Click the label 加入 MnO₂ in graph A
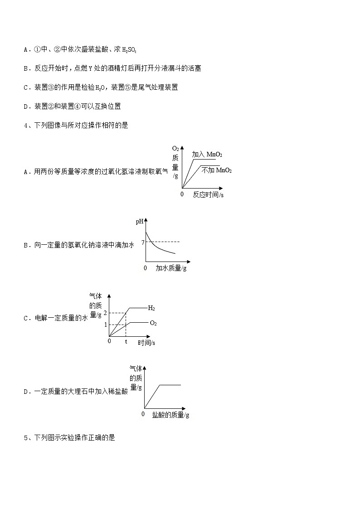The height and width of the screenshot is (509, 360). [207, 155]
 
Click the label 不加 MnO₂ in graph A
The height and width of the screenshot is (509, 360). [217, 170]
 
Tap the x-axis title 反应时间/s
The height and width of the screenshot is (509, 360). [208, 195]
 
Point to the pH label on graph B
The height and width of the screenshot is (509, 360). [139, 222]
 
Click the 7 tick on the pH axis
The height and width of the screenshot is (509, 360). [143, 243]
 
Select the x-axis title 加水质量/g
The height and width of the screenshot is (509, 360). [171, 268]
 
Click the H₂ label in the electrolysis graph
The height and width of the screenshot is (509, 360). [151, 308]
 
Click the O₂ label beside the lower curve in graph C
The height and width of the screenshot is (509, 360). [153, 323]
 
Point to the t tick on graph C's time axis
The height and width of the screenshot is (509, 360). [126, 341]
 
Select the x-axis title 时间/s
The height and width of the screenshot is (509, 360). [146, 343]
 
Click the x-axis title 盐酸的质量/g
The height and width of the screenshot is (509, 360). [170, 415]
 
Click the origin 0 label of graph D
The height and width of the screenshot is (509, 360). [143, 414]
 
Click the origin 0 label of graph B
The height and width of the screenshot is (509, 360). [145, 268]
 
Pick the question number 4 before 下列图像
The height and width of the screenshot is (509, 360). [25, 126]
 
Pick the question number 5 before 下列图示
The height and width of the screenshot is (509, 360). [25, 438]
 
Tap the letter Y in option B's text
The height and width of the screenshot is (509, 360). [90, 68]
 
